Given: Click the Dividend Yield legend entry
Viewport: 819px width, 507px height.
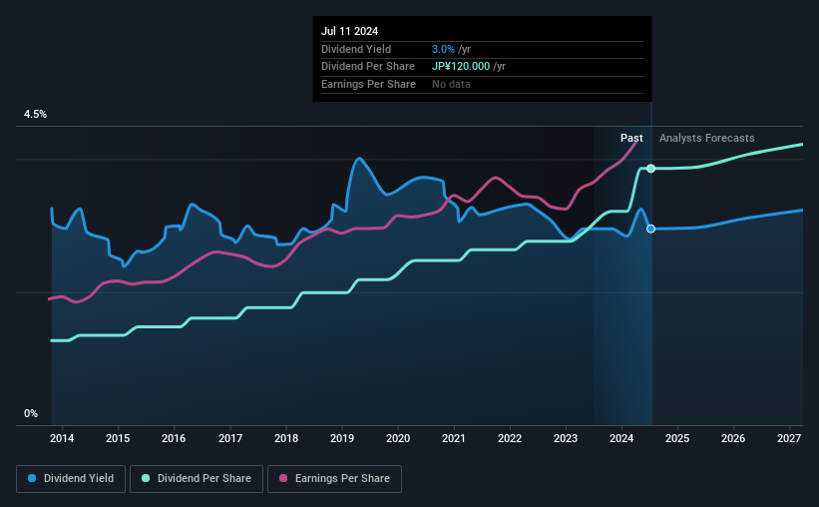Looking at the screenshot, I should click(x=71, y=479).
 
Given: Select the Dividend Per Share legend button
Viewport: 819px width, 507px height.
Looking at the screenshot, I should click(x=201, y=479).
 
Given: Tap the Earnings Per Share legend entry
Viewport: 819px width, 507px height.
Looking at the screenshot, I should click(x=335, y=479).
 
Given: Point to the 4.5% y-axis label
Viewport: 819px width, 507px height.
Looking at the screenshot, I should click(x=35, y=115).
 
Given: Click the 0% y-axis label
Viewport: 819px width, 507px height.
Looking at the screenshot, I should click(x=31, y=413).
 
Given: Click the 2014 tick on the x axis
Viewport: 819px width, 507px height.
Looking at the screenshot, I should click(x=62, y=438).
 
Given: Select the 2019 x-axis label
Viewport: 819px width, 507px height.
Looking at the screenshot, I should click(x=342, y=438).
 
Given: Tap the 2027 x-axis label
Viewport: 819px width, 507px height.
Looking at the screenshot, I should click(x=789, y=438).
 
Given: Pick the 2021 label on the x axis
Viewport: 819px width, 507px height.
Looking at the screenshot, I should click(x=454, y=438).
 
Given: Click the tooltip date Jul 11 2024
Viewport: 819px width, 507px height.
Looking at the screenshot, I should click(x=350, y=32).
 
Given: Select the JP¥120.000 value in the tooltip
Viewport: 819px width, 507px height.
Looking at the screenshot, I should click(x=460, y=66).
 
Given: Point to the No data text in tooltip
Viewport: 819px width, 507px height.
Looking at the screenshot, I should click(x=451, y=84).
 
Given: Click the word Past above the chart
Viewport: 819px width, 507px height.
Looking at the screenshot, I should click(x=631, y=138).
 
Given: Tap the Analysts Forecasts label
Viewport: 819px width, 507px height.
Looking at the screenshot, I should click(x=706, y=138).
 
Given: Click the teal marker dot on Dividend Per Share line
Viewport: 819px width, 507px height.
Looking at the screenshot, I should click(x=650, y=168).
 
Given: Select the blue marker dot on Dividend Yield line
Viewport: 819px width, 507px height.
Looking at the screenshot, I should click(x=650, y=229).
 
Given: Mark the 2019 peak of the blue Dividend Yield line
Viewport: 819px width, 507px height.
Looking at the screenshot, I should click(x=358, y=159).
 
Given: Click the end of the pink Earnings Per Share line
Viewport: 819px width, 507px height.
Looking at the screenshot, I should click(x=635, y=142).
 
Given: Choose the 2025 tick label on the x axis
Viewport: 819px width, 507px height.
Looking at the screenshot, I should click(x=677, y=438).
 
